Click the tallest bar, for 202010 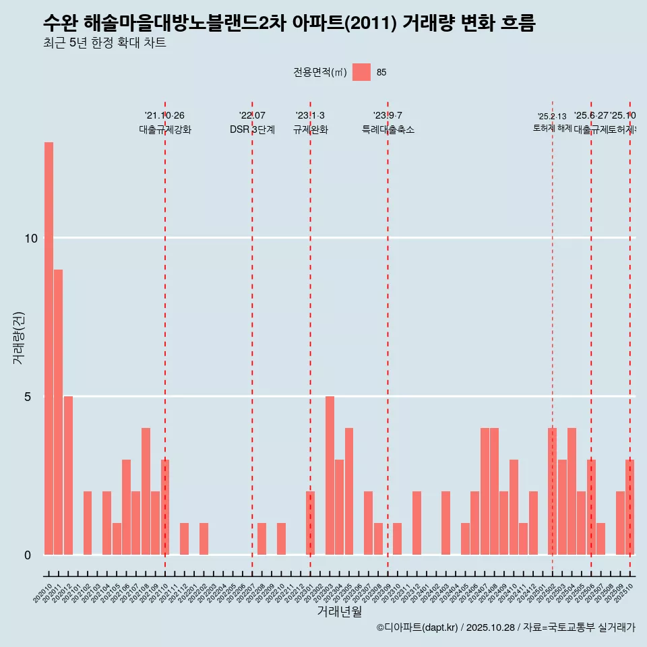pyautogui.click(x=49, y=348)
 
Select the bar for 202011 pyautogui.click(x=59, y=412)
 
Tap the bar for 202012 pyautogui.click(x=68, y=475)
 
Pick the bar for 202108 pyautogui.click(x=146, y=491)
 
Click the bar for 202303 pyautogui.click(x=330, y=475)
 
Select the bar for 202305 pyautogui.click(x=349, y=491)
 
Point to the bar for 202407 pyautogui.click(x=485, y=491)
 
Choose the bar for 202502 pyautogui.click(x=552, y=491)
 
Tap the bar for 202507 pyautogui.click(x=600, y=538)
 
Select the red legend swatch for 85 pyautogui.click(x=361, y=72)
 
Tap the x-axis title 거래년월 pyautogui.click(x=339, y=612)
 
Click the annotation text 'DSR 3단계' pyautogui.click(x=252, y=130)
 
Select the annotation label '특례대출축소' pyautogui.click(x=388, y=130)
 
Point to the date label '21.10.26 pyautogui.click(x=164, y=116)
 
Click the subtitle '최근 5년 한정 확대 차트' pyautogui.click(x=104, y=43)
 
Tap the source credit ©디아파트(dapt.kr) pyautogui.click(x=418, y=627)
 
